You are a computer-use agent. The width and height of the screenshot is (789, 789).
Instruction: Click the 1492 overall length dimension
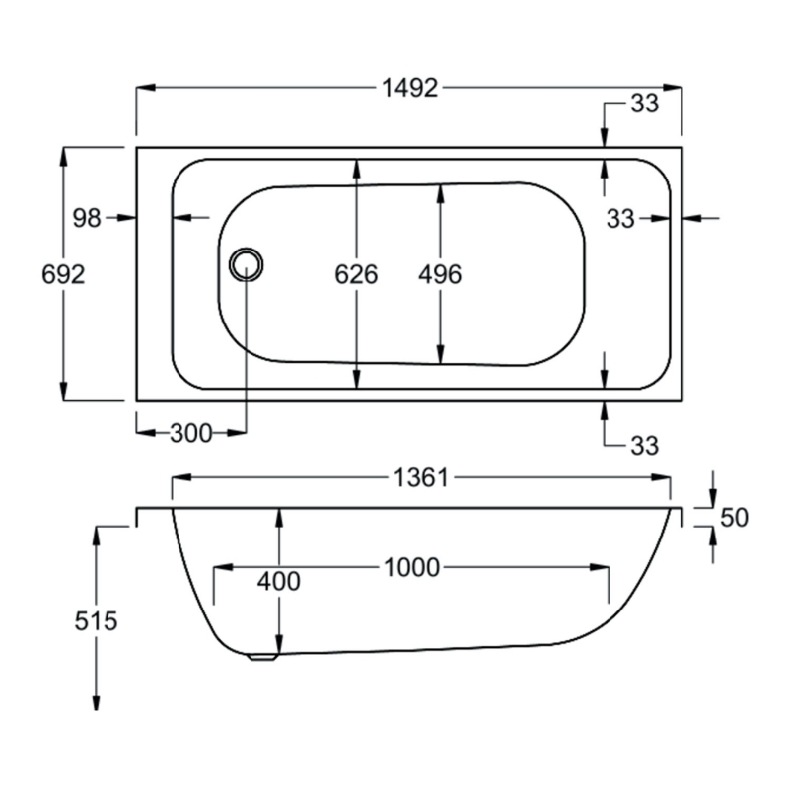pos(409,88)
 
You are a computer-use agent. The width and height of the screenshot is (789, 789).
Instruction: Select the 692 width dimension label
pos(63,274)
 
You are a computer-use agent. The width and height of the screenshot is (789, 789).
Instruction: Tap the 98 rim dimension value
pos(87,218)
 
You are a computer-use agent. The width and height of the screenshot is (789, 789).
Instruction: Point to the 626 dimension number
pos(356,274)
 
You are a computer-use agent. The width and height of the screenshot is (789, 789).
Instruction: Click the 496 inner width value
pos(440,274)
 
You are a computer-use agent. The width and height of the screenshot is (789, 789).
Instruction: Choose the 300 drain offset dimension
pos(191,433)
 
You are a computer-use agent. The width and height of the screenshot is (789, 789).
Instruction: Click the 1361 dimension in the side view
pos(421,478)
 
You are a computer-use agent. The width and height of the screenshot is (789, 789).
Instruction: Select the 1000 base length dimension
pos(411,568)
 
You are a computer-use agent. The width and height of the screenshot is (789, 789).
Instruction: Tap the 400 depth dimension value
pos(279,582)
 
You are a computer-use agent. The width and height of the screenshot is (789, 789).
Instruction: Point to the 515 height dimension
pos(96,621)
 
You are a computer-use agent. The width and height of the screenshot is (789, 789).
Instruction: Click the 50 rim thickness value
pos(734,517)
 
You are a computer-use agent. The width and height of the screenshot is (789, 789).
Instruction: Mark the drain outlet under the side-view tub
pos(263,657)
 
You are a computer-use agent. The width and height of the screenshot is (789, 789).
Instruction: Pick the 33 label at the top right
pos(645,104)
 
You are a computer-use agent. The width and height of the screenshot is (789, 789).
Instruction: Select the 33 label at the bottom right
pos(645,446)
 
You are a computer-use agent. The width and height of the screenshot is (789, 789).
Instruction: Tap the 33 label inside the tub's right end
pos(620,219)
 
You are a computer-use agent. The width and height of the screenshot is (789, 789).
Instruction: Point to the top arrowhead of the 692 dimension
pos(63,156)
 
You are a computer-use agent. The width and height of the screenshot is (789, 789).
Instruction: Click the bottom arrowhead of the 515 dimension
pos(96,701)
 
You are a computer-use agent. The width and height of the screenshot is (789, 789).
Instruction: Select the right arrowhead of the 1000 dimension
pos(600,568)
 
